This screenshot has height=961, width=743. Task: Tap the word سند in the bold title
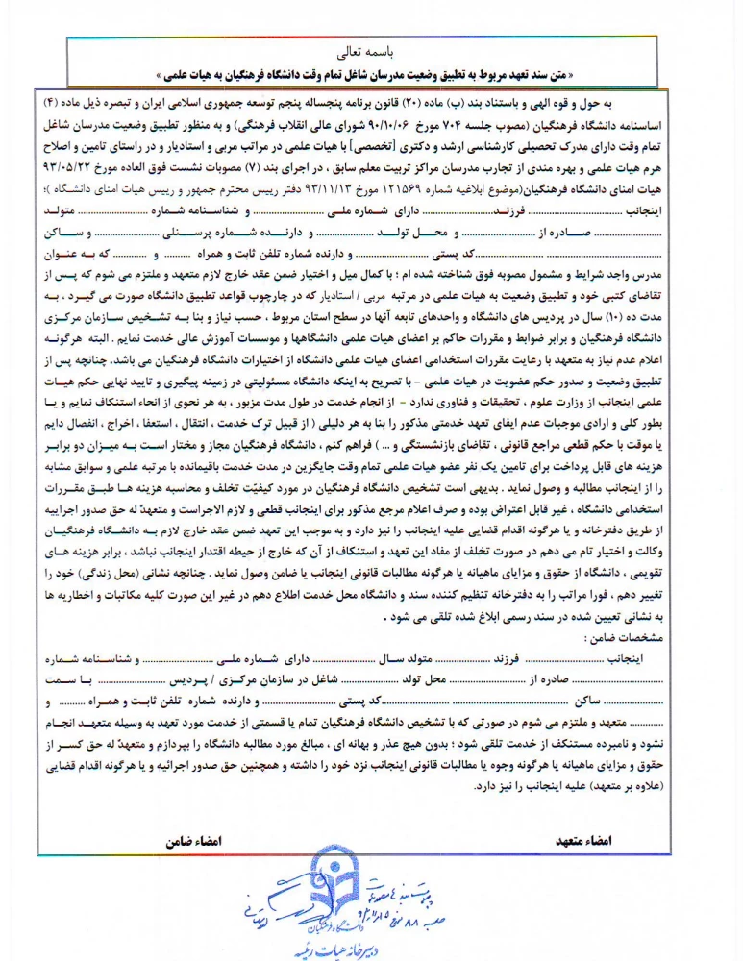click(x=592, y=71)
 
